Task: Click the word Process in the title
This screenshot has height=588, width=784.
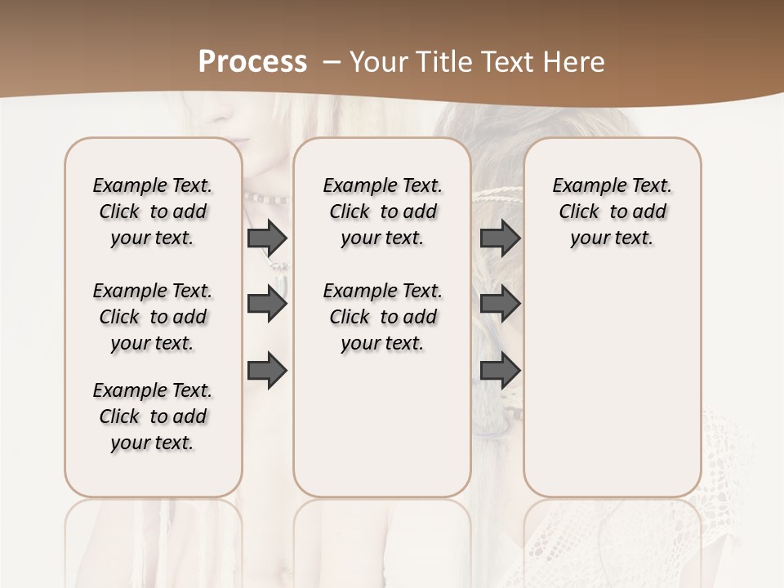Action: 252,62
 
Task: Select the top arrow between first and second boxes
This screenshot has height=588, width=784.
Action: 267,238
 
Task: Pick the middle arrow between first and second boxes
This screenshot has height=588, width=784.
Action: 267,305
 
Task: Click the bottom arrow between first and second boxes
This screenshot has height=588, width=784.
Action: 267,371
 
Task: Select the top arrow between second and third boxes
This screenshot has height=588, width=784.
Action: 500,238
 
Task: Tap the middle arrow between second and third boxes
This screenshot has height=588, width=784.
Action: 500,305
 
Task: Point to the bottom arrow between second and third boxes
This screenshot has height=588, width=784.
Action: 500,371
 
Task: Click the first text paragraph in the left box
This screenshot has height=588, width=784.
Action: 153,212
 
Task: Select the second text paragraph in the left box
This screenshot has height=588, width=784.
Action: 153,317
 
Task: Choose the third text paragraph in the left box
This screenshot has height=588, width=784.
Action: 153,416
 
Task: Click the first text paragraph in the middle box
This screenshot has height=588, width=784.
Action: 383,212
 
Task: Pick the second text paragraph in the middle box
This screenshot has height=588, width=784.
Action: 383,317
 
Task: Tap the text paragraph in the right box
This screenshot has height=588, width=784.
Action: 612,212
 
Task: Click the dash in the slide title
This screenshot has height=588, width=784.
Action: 332,62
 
